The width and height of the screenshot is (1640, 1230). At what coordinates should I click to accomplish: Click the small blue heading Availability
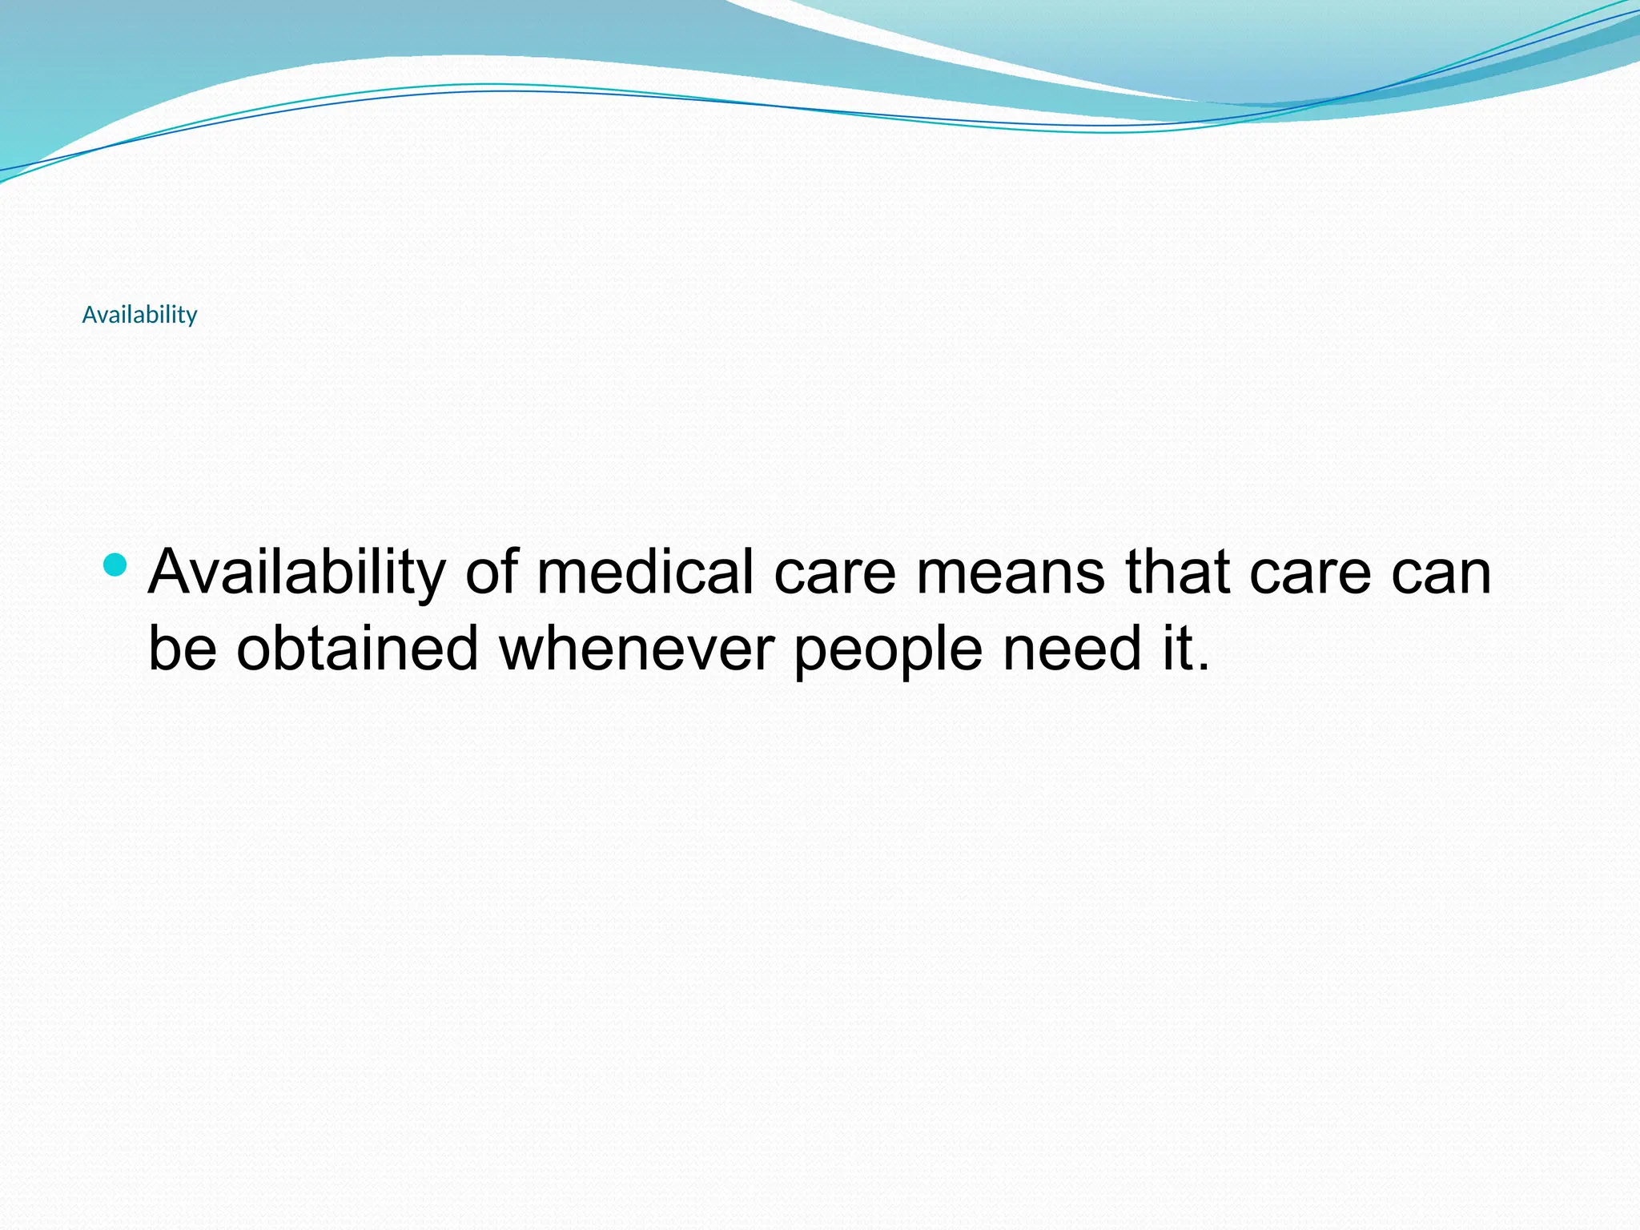(x=139, y=315)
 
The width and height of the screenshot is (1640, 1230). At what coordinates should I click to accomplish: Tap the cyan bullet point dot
(x=115, y=565)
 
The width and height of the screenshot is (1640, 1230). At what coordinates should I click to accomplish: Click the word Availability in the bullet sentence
(x=296, y=573)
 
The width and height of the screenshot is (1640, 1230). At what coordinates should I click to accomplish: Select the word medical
(x=645, y=573)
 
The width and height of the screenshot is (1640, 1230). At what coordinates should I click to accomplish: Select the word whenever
(x=636, y=648)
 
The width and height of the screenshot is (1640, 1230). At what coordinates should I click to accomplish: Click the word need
(x=1072, y=648)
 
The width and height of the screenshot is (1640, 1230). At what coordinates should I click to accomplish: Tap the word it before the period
(x=1174, y=648)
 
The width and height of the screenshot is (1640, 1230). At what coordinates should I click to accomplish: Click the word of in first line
(x=492, y=573)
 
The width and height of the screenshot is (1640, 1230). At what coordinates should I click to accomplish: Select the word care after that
(x=1310, y=573)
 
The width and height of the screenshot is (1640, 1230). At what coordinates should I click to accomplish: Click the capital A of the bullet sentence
(x=173, y=573)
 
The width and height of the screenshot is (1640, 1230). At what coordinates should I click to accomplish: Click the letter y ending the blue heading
(x=191, y=318)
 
